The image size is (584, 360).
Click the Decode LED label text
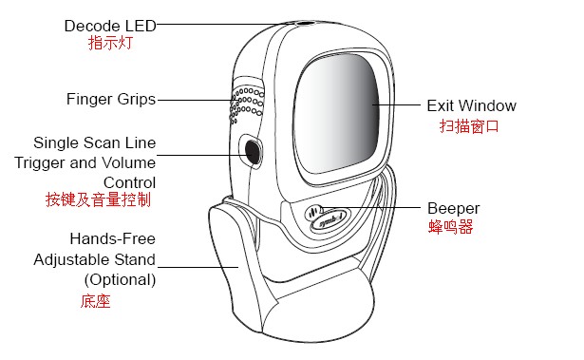pos(109,25)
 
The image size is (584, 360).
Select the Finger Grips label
pos(111,99)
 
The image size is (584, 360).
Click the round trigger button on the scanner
pos(252,150)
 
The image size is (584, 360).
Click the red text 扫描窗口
pos(468,125)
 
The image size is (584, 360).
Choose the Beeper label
pos(453,208)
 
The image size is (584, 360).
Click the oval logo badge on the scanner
pos(323,216)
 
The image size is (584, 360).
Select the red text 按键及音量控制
pos(98,200)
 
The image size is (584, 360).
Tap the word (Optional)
pos(120,279)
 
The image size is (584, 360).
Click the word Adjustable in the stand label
pos(72,258)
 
